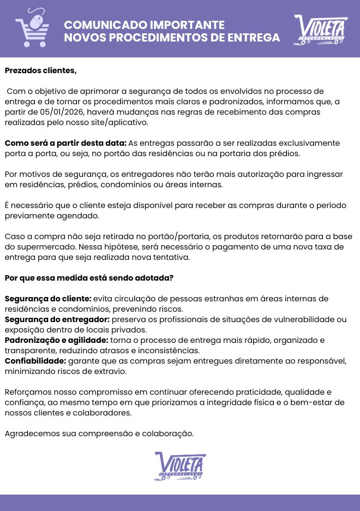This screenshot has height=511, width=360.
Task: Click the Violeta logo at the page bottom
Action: click(180, 466)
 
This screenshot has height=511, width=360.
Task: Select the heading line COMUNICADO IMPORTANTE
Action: click(144, 25)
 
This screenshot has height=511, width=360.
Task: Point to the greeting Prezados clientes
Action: click(41, 70)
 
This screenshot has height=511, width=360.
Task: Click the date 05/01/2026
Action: click(59, 112)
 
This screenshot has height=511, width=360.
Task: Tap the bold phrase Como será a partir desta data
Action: click(65, 143)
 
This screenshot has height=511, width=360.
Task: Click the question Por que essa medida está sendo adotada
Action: click(89, 278)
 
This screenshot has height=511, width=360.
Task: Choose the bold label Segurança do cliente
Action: click(48, 299)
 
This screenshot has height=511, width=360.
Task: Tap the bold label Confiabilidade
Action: click(35, 361)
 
